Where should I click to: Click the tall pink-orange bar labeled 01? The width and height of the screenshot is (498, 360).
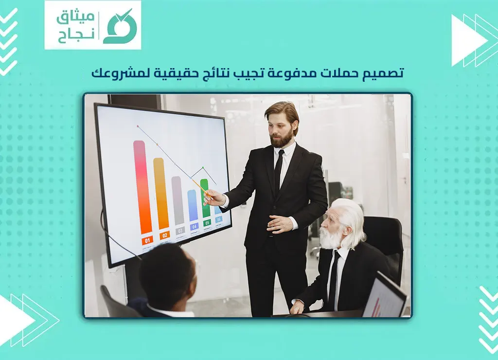coord(142,187)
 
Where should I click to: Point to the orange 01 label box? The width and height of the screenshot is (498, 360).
coord(147,240)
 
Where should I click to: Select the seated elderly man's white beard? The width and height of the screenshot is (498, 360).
coord(330,238)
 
